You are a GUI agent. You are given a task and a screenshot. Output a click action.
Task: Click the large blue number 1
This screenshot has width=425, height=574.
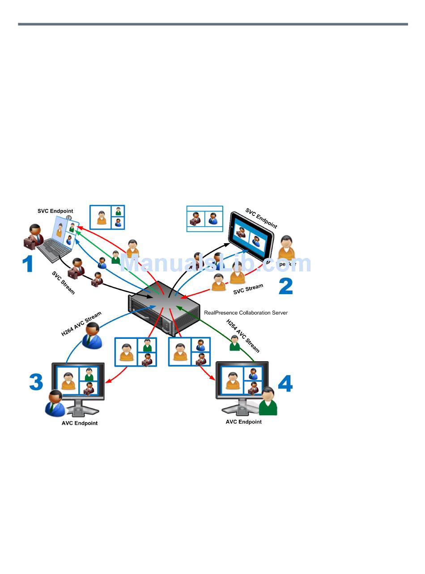pyautogui.click(x=28, y=264)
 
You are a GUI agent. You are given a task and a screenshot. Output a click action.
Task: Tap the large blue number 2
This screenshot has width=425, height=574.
pyautogui.click(x=285, y=287)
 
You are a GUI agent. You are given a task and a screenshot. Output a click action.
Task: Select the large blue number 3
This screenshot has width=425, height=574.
pyautogui.click(x=36, y=383)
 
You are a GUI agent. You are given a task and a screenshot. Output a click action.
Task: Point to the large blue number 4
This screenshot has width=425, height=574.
pyautogui.click(x=285, y=384)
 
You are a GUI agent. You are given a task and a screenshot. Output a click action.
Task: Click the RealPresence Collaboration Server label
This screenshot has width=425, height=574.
pyautogui.click(x=246, y=313)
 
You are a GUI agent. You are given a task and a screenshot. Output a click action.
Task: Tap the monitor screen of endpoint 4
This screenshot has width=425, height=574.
pyautogui.click(x=242, y=380)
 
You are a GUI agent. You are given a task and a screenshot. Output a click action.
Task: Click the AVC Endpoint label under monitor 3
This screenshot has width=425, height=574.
pyautogui.click(x=80, y=423)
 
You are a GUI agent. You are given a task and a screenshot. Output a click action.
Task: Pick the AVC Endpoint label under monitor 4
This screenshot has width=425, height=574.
pyautogui.click(x=243, y=422)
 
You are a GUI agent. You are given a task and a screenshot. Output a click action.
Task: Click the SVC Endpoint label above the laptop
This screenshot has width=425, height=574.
pyautogui.click(x=55, y=211)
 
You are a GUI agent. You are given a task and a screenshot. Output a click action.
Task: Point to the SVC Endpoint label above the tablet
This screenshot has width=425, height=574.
pyautogui.click(x=261, y=218)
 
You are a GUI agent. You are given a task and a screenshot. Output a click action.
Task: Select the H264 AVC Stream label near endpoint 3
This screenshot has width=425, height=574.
pyautogui.click(x=81, y=324)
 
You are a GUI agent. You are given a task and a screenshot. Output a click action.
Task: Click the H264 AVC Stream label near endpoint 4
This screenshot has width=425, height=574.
pyautogui.click(x=242, y=335)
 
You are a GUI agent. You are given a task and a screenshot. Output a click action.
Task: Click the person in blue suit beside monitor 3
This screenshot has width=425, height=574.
pyautogui.click(x=55, y=403)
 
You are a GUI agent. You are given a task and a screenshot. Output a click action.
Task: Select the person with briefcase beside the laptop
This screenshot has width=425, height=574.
pyautogui.click(x=33, y=237)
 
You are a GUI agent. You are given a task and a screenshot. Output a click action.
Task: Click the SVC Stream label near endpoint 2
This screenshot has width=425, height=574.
pyautogui.click(x=248, y=289)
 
